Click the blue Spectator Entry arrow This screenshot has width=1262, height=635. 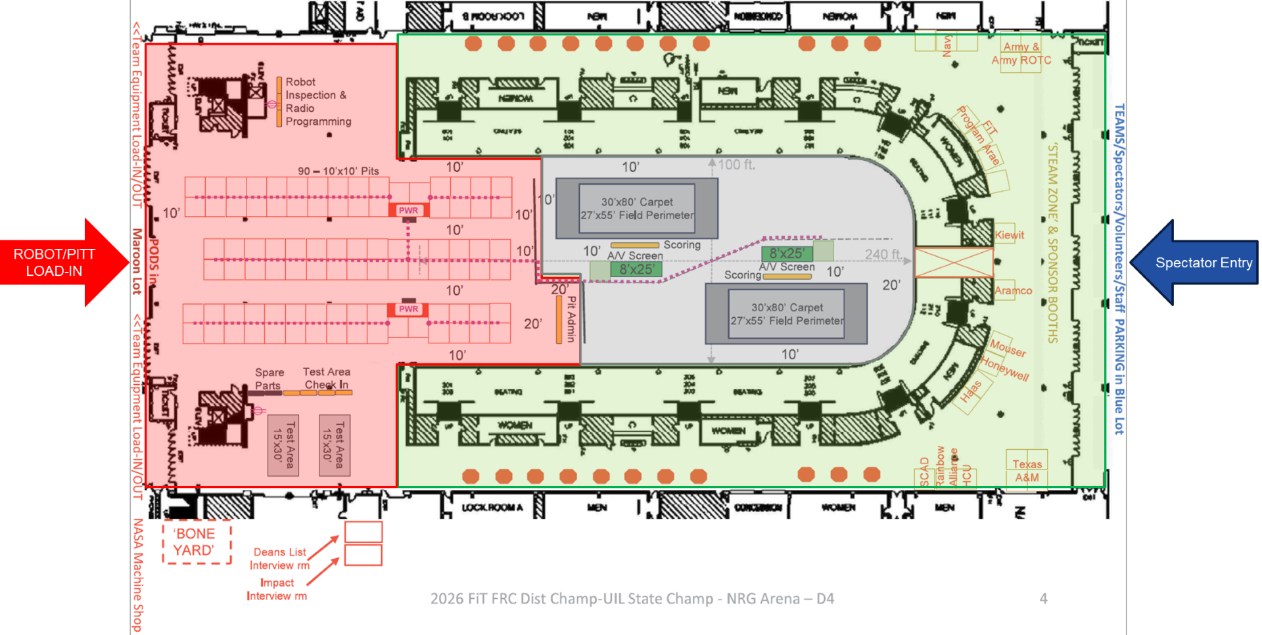[1196, 263]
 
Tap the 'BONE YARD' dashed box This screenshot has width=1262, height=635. [197, 542]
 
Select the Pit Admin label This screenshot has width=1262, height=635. [571, 319]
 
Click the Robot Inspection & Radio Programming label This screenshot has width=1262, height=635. [318, 102]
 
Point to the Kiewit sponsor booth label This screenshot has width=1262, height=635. [1009, 235]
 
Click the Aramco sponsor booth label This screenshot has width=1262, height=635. [1013, 290]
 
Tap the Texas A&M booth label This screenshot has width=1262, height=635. [1027, 471]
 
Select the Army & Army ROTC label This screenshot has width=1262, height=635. [1021, 54]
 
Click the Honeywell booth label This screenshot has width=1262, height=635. [1004, 368]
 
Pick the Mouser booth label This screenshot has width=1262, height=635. [1008, 347]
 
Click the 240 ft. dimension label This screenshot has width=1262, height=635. [883, 254]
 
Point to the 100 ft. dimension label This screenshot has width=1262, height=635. [736, 165]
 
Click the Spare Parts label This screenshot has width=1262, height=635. [269, 379]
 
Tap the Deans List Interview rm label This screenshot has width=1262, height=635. [279, 559]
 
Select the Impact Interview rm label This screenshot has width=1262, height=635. [277, 589]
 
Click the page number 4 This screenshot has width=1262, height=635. [1043, 598]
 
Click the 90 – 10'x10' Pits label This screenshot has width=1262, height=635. [338, 171]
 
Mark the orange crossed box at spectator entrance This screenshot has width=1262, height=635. [953, 262]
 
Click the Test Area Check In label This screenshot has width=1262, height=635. [327, 378]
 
